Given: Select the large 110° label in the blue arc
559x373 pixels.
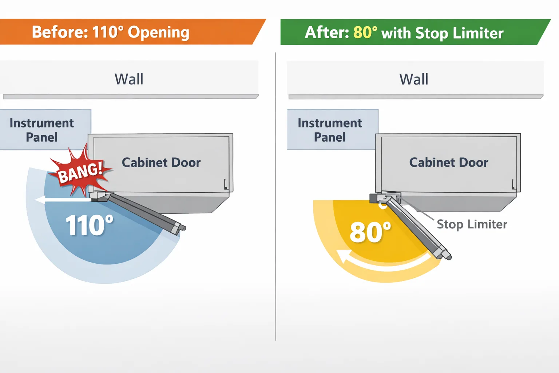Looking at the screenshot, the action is click(x=89, y=225).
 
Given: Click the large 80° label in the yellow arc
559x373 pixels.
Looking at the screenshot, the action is click(x=370, y=232).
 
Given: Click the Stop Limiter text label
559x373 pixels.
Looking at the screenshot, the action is click(x=472, y=224).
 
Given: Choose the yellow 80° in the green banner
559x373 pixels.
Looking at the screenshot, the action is click(x=365, y=32).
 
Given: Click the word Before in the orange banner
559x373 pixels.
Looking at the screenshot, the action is click(x=60, y=32).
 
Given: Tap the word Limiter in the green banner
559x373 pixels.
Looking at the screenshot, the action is click(x=478, y=33).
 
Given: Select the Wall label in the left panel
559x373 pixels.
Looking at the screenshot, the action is click(x=129, y=79).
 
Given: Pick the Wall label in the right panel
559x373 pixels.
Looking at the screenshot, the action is click(x=414, y=79).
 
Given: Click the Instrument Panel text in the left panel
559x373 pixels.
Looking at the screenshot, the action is click(x=42, y=130).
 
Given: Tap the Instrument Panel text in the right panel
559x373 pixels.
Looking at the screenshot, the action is click(x=330, y=130).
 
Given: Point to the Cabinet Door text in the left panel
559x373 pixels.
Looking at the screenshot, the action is click(x=161, y=162).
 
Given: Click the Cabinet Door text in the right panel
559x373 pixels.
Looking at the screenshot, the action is click(x=449, y=162).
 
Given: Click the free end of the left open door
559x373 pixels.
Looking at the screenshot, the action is click(x=181, y=228).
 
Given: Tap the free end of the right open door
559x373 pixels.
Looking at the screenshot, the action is click(x=446, y=255).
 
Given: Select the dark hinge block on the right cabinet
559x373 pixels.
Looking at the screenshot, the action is click(x=374, y=199).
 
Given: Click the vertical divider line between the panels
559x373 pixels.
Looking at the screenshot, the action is click(x=275, y=196).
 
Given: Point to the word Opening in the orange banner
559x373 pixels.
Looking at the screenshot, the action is click(x=158, y=32).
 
